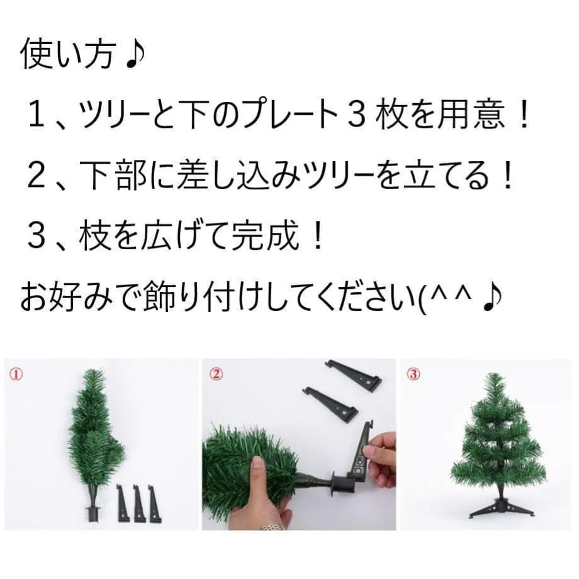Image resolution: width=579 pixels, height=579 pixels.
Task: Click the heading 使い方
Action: pyautogui.click(x=67, y=55)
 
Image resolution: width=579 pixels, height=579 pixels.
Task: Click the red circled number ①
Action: pyautogui.click(x=16, y=374)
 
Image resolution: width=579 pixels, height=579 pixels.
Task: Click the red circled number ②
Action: pyautogui.click(x=216, y=374)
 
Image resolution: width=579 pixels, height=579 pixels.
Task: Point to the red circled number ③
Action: pyautogui.click(x=413, y=374)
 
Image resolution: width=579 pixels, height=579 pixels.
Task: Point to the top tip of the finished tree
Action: pyautogui.click(x=496, y=374)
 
